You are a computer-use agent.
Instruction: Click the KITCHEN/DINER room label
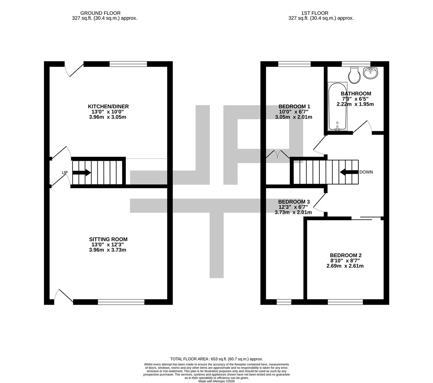tap(108, 106)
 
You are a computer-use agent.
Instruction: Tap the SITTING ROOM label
tap(108, 239)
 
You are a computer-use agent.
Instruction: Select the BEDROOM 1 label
tap(294, 106)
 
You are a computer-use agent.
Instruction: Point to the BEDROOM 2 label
tap(345, 255)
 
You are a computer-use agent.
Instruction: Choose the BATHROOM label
tap(356, 94)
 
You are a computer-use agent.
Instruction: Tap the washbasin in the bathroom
tap(370, 73)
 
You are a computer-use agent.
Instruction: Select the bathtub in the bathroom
tap(337, 106)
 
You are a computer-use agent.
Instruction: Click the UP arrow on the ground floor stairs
tap(81, 173)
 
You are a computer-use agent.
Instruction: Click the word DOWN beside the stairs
tap(366, 172)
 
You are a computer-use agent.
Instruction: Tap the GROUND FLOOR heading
tap(100, 13)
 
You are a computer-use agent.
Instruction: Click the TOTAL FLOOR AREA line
tap(216, 359)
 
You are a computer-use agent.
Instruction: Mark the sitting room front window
tap(121, 302)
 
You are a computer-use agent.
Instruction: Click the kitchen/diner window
tap(128, 64)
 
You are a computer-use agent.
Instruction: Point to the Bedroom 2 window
tap(345, 302)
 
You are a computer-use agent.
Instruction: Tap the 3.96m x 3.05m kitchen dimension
tap(108, 117)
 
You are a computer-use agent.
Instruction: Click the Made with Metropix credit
tap(216, 381)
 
